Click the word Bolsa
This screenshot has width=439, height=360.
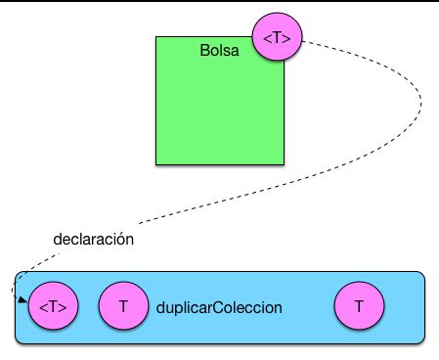click(x=220, y=49)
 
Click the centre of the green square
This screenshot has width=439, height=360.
click(x=220, y=101)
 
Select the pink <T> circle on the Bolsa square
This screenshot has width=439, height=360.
click(x=278, y=37)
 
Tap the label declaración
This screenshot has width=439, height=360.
click(x=94, y=239)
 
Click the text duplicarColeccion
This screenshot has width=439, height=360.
click(x=219, y=307)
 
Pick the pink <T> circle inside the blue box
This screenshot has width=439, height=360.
click(x=53, y=307)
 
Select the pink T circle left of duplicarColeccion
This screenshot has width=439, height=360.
click(x=123, y=307)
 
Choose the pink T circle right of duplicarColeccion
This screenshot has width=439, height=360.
click(x=359, y=307)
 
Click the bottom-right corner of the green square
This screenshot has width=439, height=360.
click(x=285, y=163)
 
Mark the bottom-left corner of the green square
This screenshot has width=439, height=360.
click(x=156, y=163)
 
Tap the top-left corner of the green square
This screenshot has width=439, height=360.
click(x=156, y=37)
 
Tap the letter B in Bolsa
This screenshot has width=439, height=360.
click(x=204, y=49)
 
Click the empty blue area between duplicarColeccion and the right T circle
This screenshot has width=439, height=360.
click(x=308, y=307)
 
